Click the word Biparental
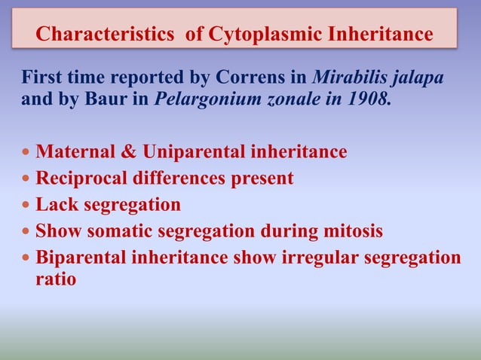point(81,258)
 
